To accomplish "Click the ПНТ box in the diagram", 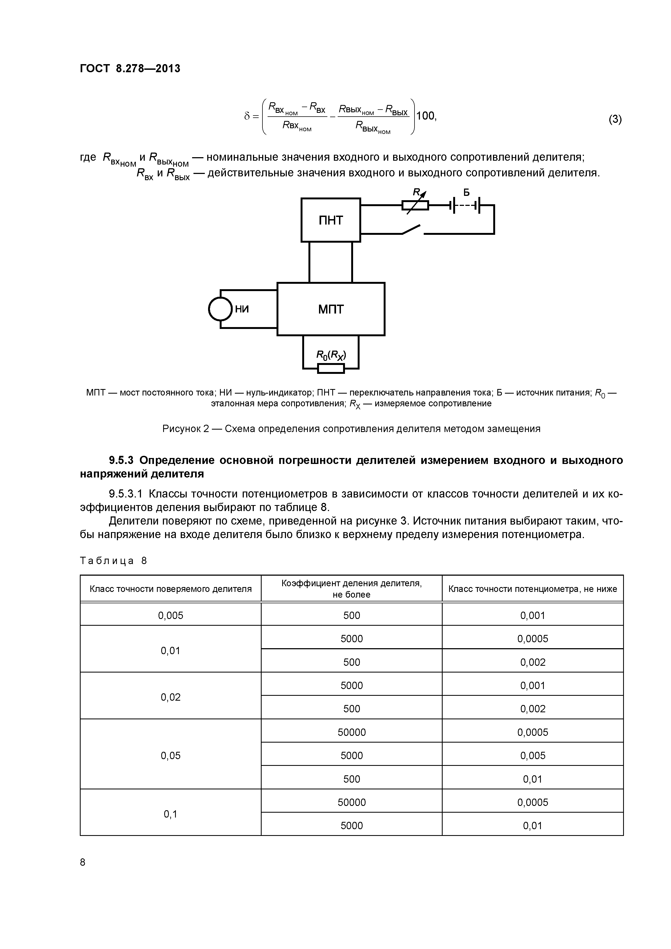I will click(x=330, y=220).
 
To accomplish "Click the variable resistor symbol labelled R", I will click(x=415, y=205).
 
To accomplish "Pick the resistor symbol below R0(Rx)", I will click(x=330, y=368).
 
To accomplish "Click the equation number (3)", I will click(x=615, y=120).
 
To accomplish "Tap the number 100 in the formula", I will click(x=426, y=116).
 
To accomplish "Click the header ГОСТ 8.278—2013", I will click(x=130, y=68).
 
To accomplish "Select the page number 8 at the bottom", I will click(x=83, y=862).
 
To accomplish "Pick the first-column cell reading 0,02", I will click(x=170, y=697).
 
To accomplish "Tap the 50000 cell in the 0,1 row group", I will click(x=351, y=802).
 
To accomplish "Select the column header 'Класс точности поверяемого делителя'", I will click(x=170, y=589).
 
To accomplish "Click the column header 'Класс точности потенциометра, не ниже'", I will click(x=532, y=589).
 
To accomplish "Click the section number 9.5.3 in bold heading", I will click(x=122, y=460).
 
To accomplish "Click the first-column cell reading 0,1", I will click(x=170, y=814).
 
